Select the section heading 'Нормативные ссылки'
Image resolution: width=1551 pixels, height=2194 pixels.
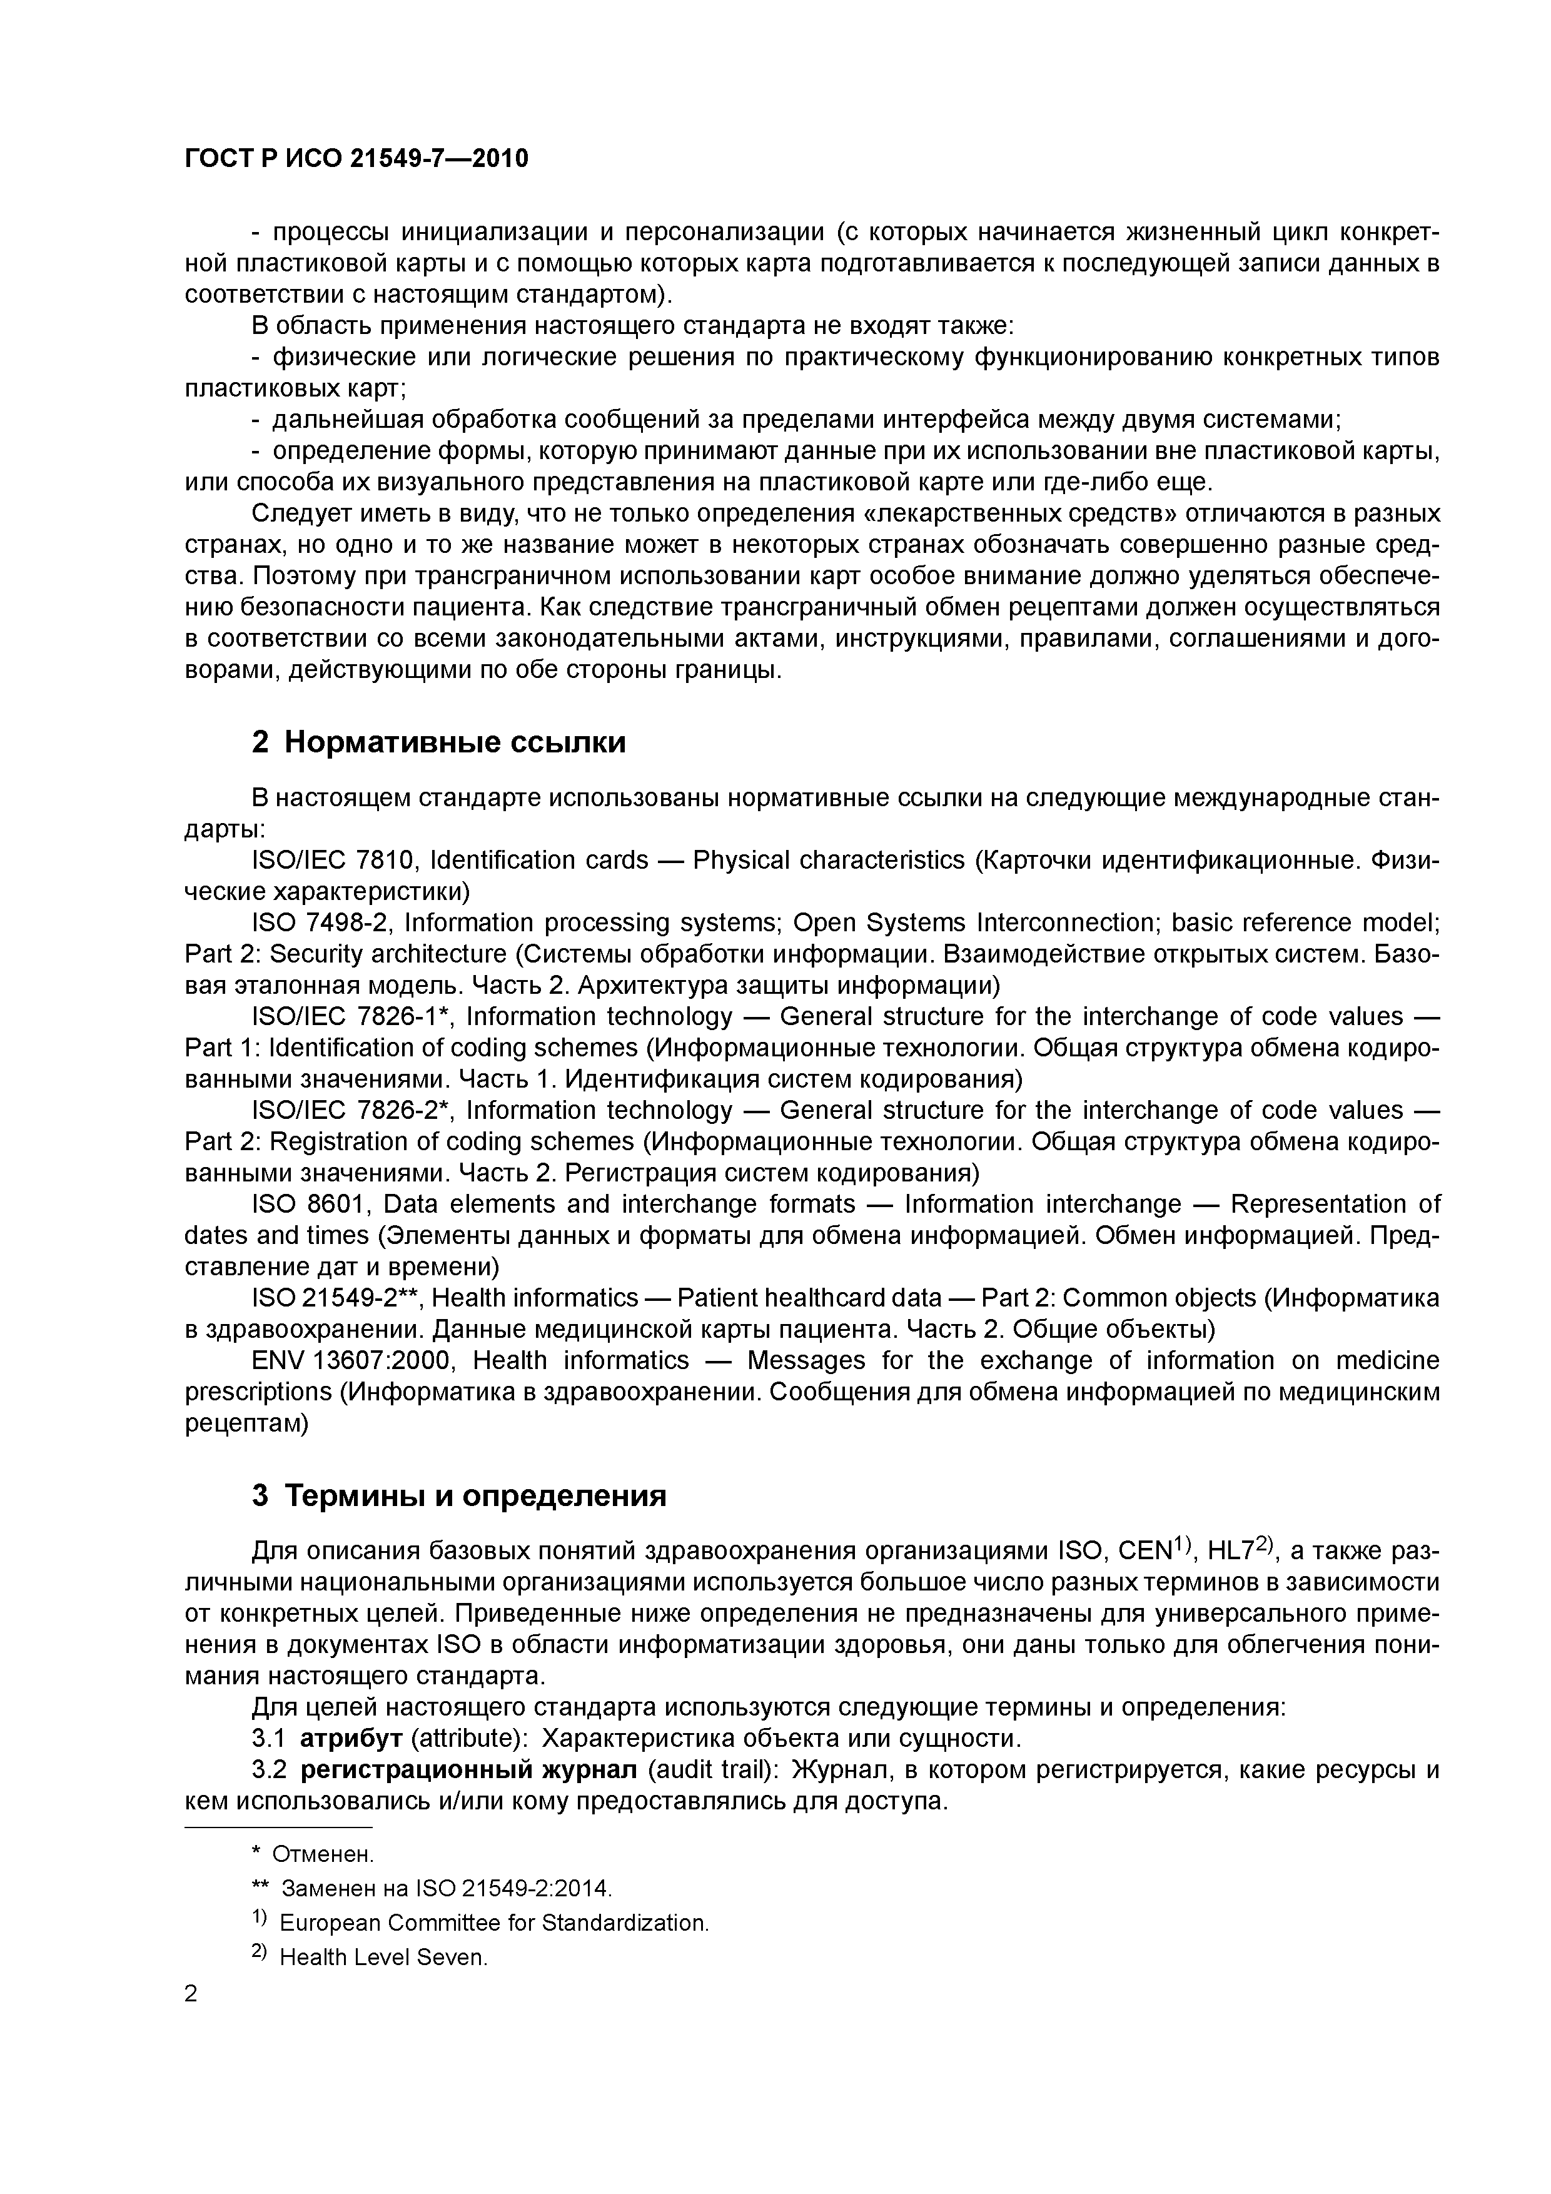coord(455,742)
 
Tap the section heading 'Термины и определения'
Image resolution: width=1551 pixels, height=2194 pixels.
coord(475,1495)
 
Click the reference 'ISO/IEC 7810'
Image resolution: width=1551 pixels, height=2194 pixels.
coord(333,860)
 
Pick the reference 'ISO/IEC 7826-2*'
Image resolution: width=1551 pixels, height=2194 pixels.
coord(351,1110)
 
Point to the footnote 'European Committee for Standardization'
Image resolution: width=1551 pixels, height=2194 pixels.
coord(494,1923)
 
